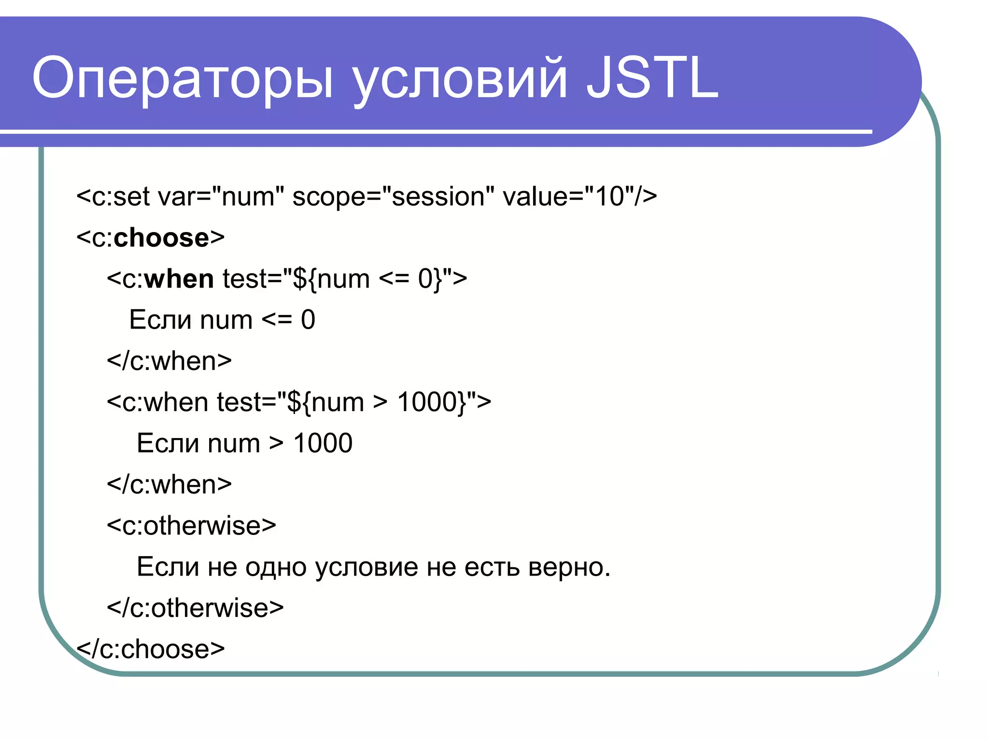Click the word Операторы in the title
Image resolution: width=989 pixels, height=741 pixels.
point(183,77)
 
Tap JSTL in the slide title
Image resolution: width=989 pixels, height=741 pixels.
point(652,77)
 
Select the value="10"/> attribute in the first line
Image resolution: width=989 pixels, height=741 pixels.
point(579,196)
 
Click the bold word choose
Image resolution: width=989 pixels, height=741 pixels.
point(161,237)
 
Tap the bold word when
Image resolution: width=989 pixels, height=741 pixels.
point(179,279)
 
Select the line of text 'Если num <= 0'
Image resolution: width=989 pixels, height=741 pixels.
point(222,320)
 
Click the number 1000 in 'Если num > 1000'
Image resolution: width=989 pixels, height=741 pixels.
point(323,443)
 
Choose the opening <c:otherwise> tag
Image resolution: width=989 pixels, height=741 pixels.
point(191,525)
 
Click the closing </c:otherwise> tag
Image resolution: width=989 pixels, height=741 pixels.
point(195,607)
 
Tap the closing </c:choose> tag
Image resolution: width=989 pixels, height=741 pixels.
point(151,649)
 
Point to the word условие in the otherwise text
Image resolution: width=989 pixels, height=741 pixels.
point(367,567)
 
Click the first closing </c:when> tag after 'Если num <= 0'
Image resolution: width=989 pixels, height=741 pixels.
point(169,361)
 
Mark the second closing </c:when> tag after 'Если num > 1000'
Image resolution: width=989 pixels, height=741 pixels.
point(169,484)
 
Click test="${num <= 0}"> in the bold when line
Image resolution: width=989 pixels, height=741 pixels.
point(344,279)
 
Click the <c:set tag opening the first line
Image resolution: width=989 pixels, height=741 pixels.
point(113,196)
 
